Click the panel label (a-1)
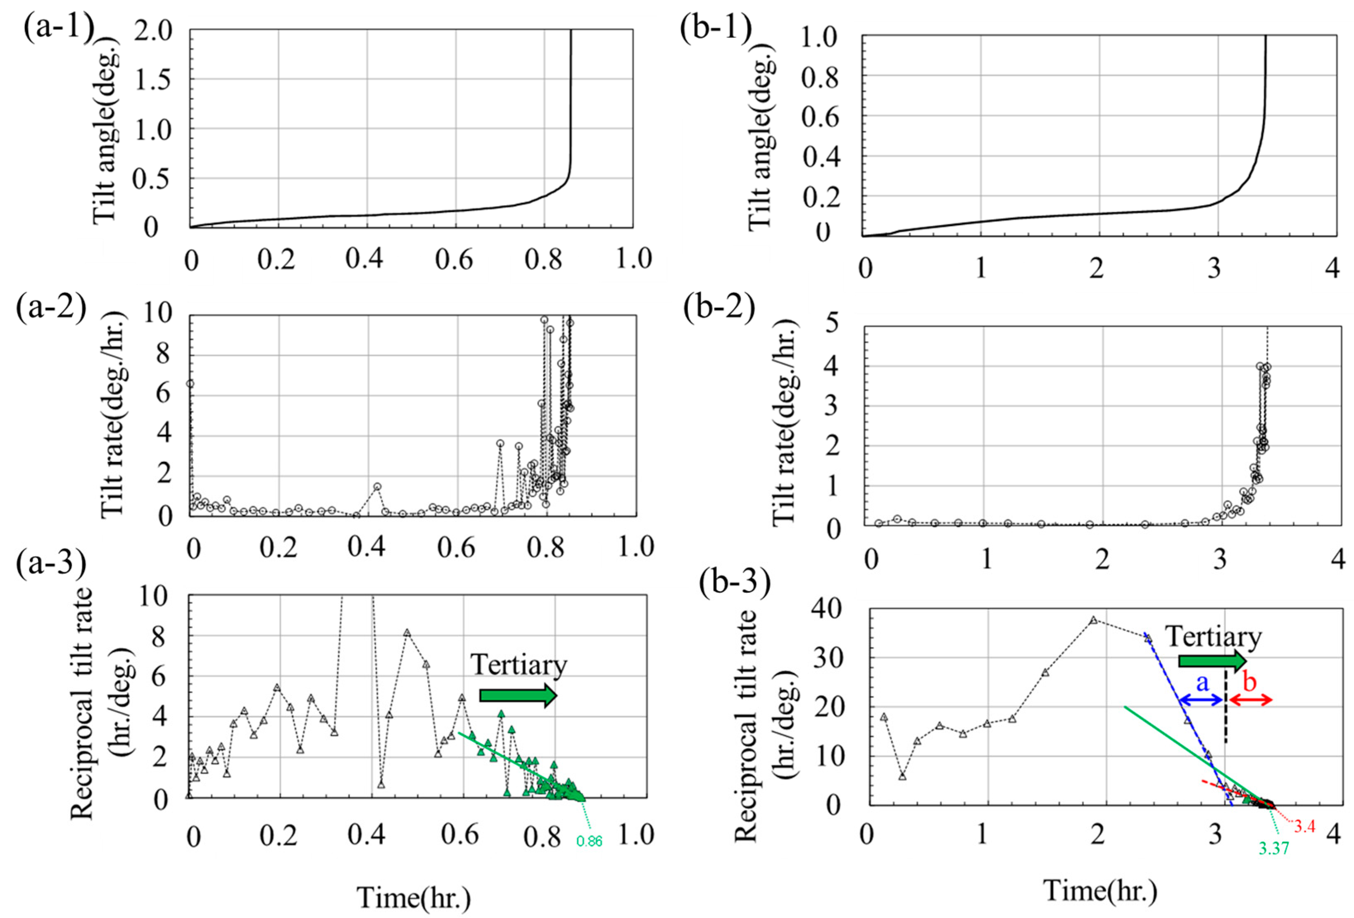pos(58,28)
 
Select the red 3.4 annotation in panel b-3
pos(1304,826)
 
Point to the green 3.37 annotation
pos(1273,848)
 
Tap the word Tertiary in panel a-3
pos(519,665)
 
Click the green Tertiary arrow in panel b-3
pos(1212,661)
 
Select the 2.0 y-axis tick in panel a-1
pos(154,31)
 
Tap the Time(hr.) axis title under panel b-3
pos(1100,891)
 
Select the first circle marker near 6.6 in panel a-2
pos(190,384)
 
